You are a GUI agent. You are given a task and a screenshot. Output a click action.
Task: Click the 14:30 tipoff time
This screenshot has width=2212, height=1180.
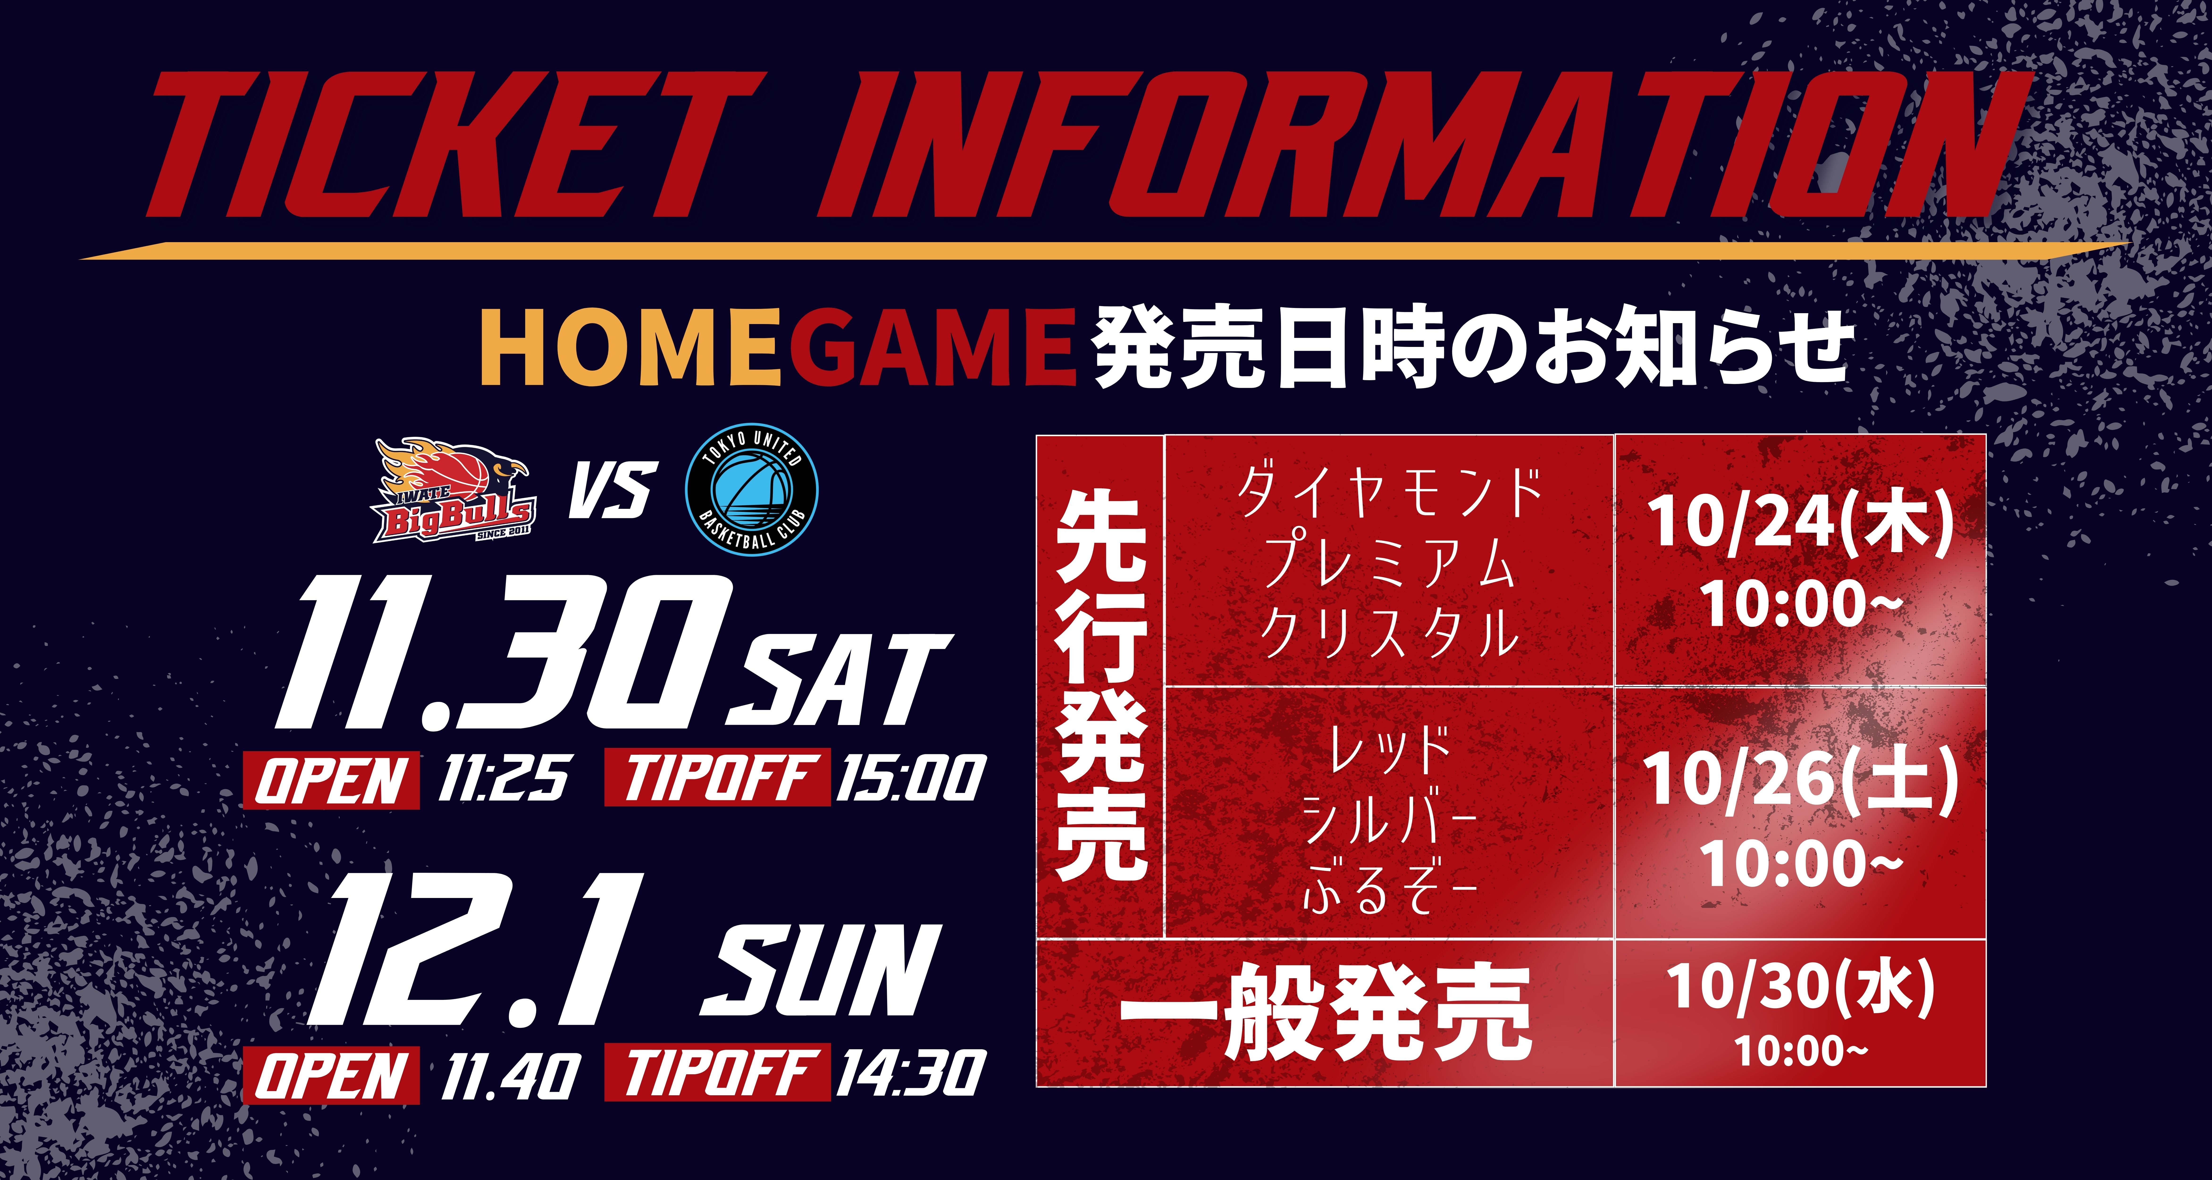tap(910, 1074)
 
